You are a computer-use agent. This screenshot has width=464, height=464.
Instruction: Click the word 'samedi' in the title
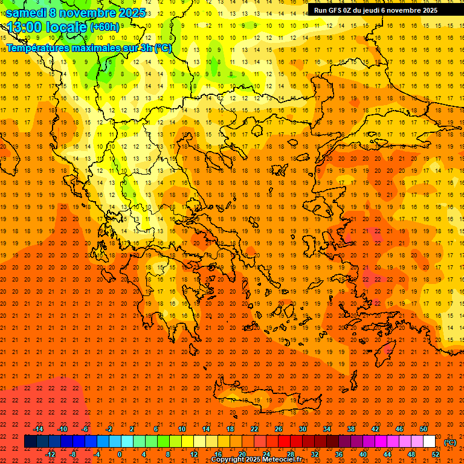pyautogui.click(x=26, y=13)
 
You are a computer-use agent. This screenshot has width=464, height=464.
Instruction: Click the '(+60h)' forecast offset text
pyautogui.click(x=105, y=27)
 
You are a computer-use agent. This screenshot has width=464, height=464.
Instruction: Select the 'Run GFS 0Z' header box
pyautogui.click(x=375, y=10)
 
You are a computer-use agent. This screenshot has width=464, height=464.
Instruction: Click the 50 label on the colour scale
pyautogui.click(x=424, y=429)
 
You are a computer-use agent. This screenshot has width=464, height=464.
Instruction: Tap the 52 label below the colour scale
pyautogui.click(x=436, y=454)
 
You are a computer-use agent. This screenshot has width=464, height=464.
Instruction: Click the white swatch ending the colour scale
pyautogui.click(x=430, y=442)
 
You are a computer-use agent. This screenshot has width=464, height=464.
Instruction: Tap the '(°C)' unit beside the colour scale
pyautogui.click(x=450, y=442)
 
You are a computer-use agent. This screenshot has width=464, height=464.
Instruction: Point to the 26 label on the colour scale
pyautogui.click(x=279, y=429)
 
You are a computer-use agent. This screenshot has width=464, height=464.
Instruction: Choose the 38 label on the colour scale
pyautogui.click(x=351, y=429)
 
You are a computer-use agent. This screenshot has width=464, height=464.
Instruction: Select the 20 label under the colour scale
pyautogui.click(x=242, y=454)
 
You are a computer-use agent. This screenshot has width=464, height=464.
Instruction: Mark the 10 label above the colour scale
pyautogui.click(x=182, y=429)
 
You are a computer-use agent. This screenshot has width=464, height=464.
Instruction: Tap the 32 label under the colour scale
pyautogui.click(x=315, y=454)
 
